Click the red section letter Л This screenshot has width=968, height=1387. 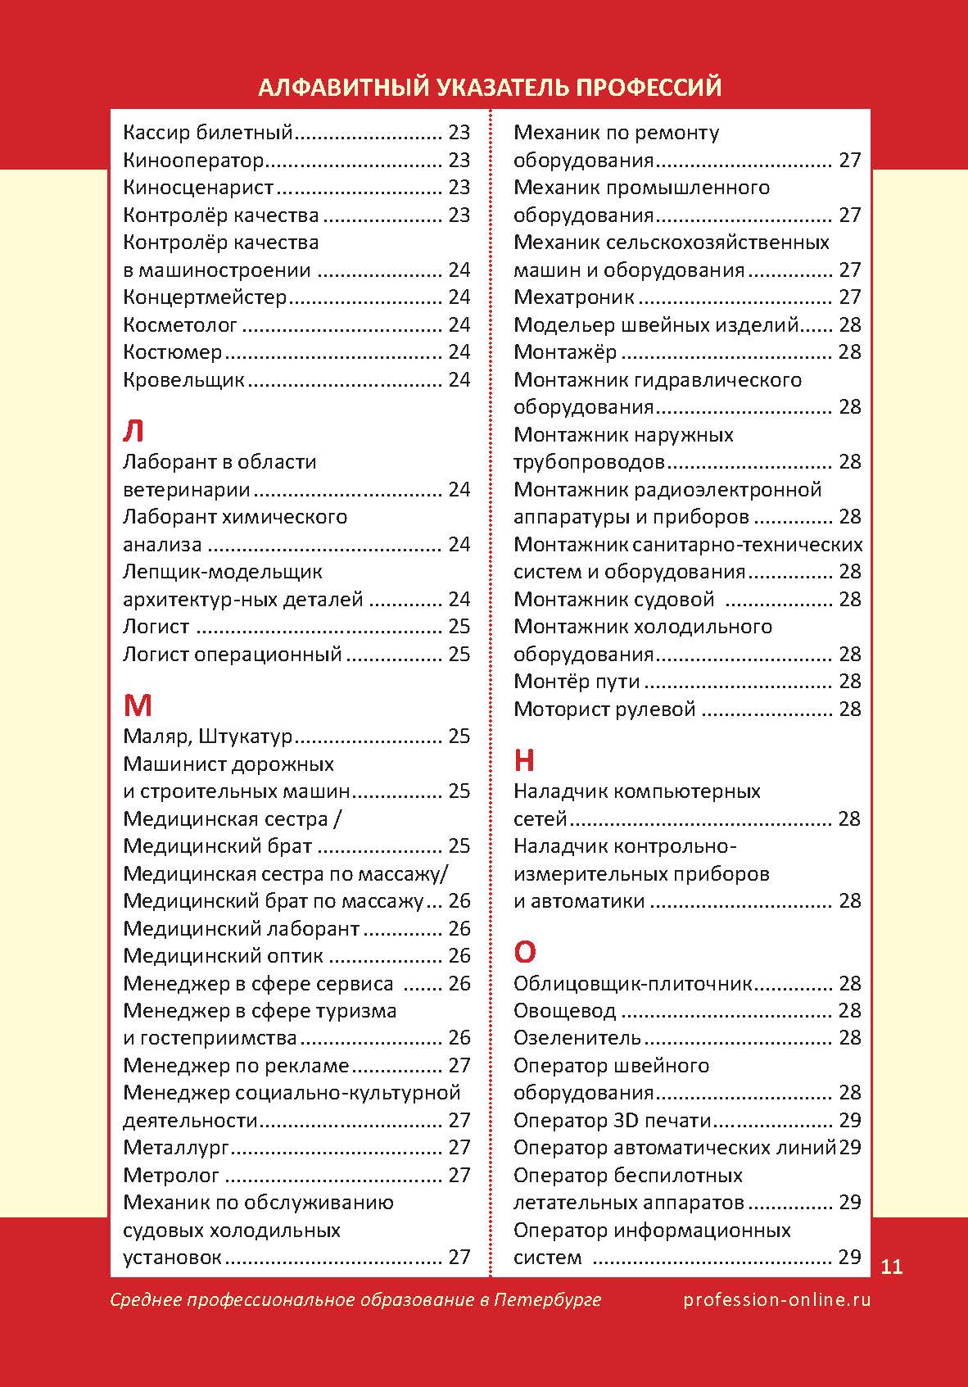click(x=133, y=431)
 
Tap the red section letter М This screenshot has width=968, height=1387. click(x=138, y=705)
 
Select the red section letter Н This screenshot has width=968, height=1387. click(x=524, y=761)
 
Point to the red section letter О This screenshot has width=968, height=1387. click(x=525, y=952)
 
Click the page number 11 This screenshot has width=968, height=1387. click(x=892, y=1267)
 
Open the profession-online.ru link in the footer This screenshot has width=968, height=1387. click(x=776, y=1300)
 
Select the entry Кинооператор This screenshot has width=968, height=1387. click(x=193, y=160)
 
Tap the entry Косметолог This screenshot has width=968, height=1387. click(x=180, y=325)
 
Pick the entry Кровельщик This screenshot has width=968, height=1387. click(x=184, y=380)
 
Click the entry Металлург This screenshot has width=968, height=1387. click(x=176, y=1148)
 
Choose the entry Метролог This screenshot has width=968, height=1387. click(x=171, y=1176)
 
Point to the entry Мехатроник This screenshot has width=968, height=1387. click(x=574, y=297)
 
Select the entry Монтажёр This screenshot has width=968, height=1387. click(x=565, y=352)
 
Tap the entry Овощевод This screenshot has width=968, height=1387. click(x=564, y=1011)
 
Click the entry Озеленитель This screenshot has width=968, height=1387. click(x=577, y=1038)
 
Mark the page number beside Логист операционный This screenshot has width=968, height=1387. click(x=459, y=655)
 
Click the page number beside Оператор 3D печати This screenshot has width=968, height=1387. click(x=850, y=1121)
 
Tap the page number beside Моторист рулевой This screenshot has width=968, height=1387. click(x=850, y=709)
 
